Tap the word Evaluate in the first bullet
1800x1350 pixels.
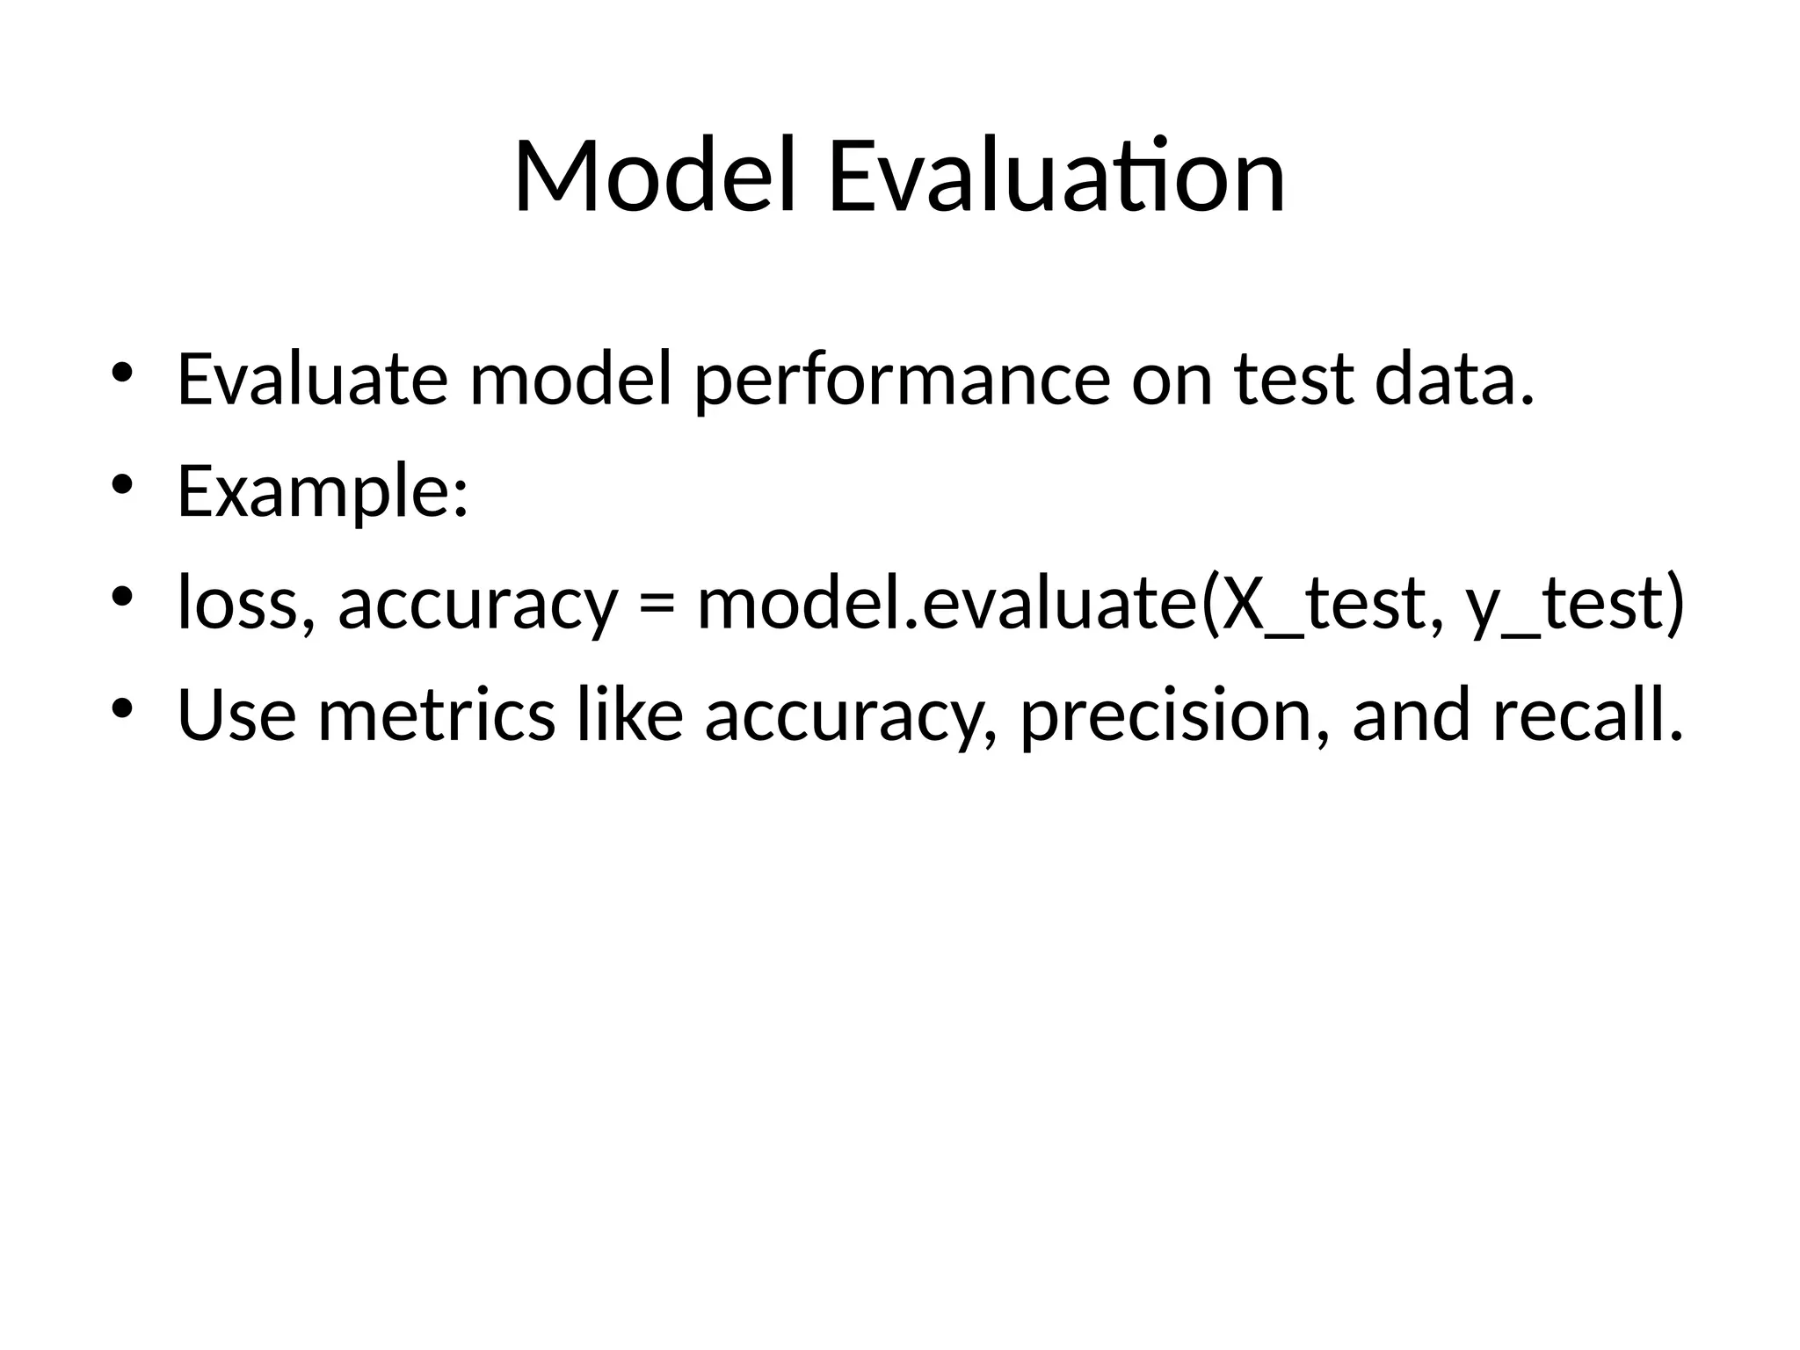313,380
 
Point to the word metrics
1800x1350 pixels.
437,715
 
